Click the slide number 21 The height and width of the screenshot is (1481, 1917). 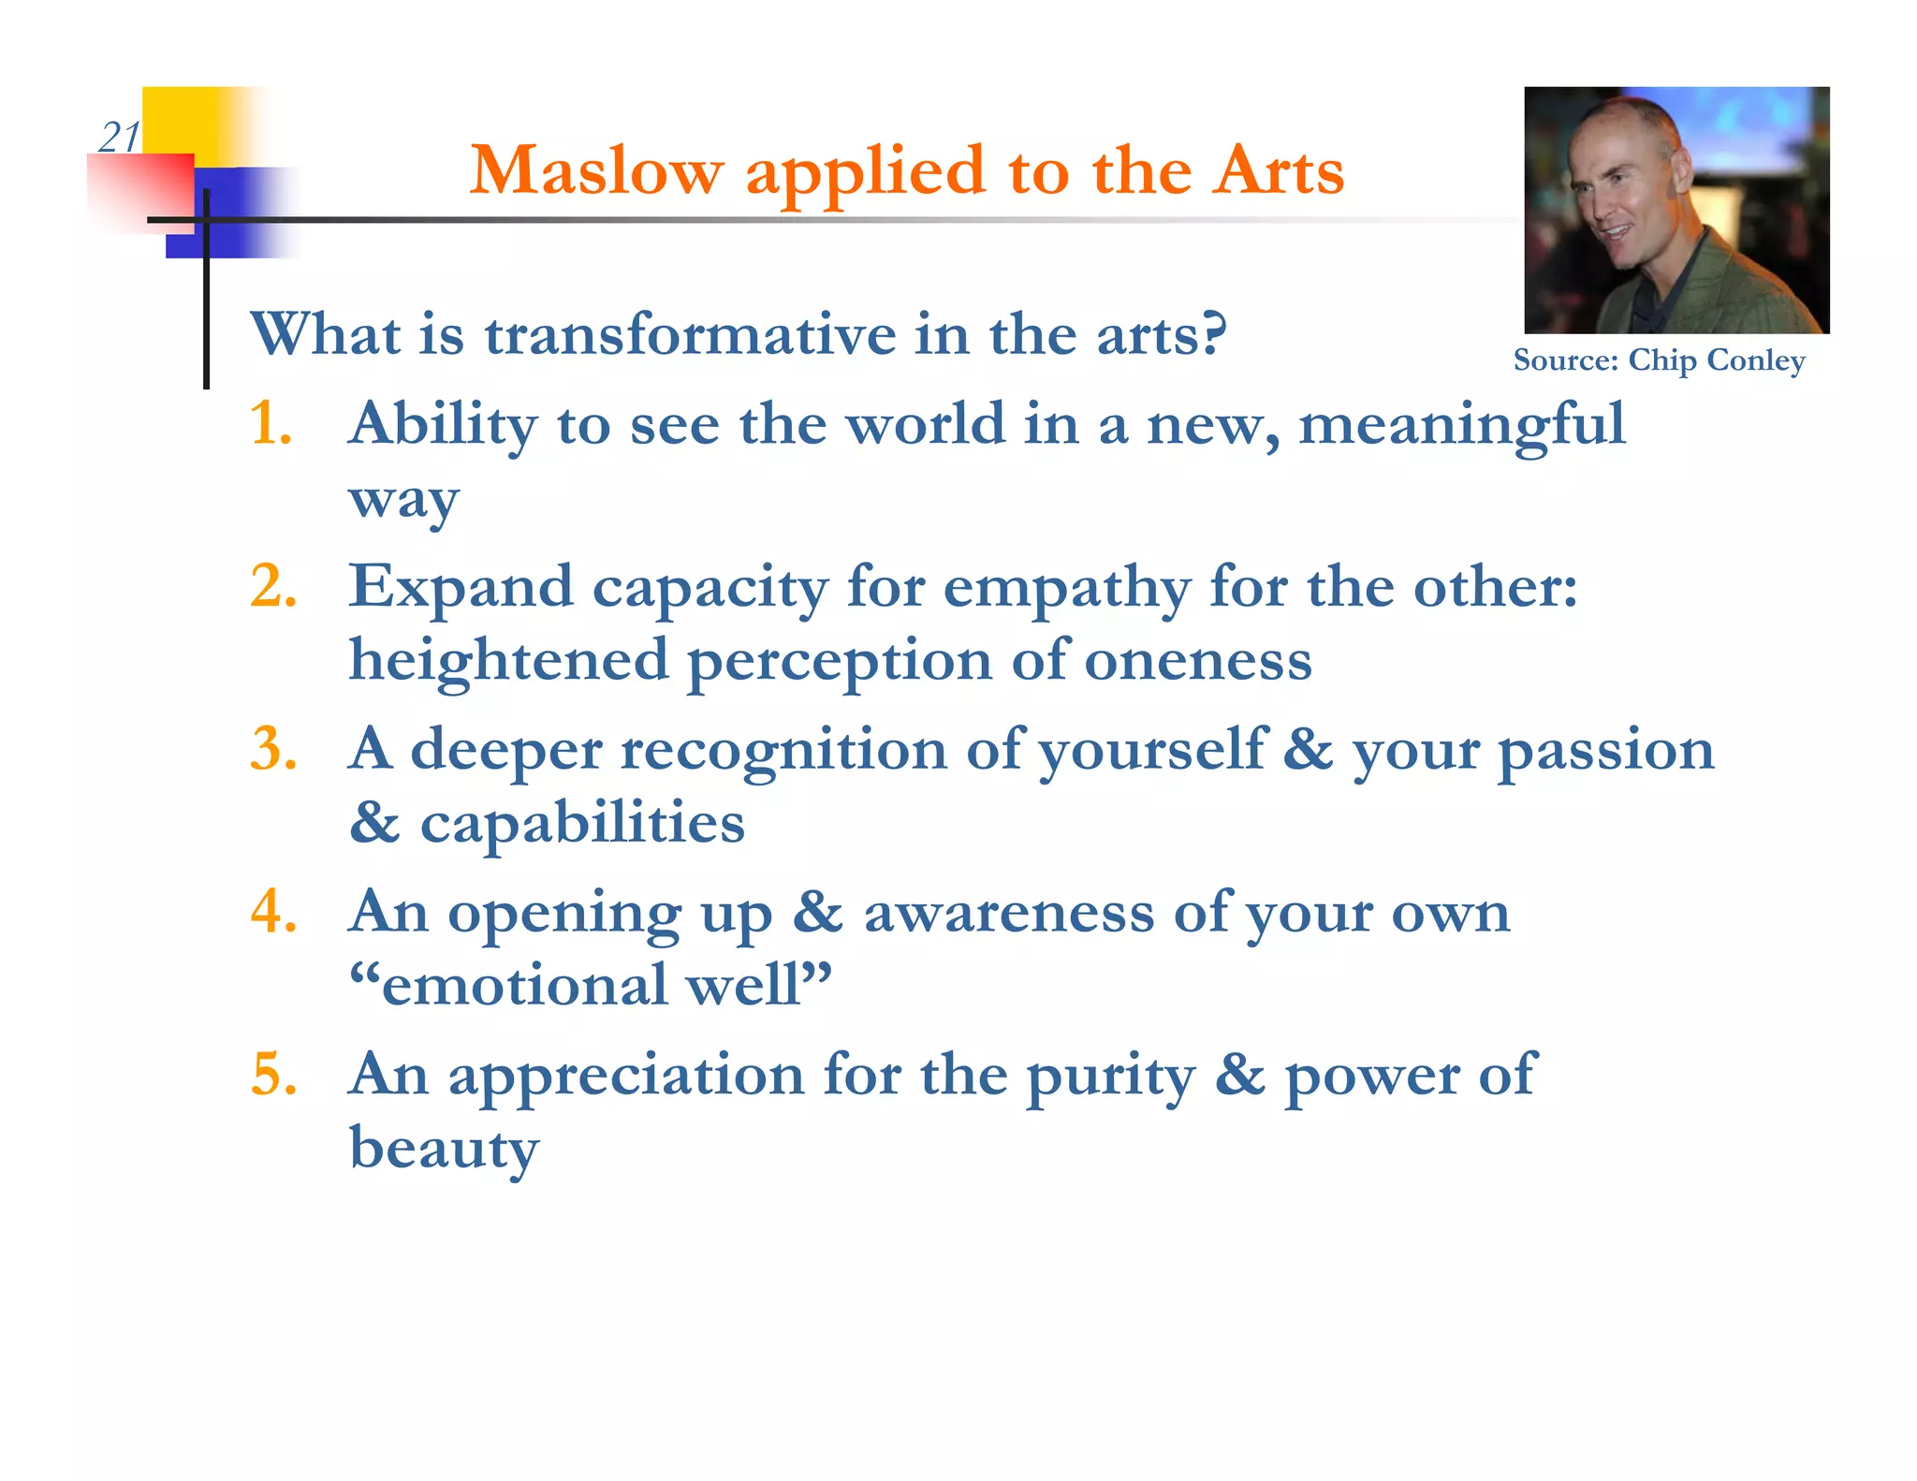coord(118,138)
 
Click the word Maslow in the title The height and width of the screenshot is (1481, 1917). coord(596,171)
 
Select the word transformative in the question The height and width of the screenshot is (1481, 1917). coord(690,334)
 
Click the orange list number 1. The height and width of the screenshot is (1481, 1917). coord(271,423)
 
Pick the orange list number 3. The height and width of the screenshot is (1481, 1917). coord(273,749)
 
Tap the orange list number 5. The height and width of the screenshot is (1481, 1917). coord(273,1074)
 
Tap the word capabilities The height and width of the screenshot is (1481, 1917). coord(582,824)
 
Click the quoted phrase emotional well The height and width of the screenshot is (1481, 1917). coord(591,986)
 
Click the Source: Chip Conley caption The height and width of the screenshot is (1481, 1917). coord(1659,360)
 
